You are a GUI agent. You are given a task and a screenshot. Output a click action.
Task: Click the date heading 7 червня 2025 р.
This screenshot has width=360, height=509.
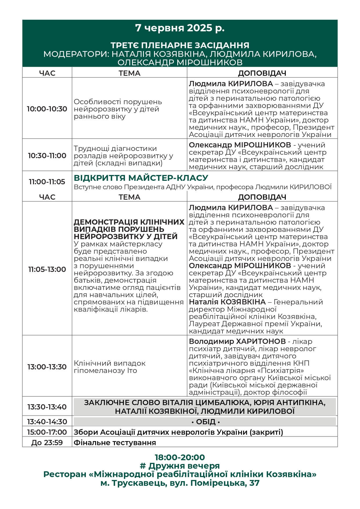[x=180, y=28]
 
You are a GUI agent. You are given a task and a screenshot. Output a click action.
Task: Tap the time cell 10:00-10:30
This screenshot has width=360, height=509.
[x=47, y=109]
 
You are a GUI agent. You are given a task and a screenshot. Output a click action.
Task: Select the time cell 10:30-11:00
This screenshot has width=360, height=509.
[x=47, y=156]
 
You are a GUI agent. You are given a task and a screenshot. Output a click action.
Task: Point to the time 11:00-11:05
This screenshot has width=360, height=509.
[x=47, y=182]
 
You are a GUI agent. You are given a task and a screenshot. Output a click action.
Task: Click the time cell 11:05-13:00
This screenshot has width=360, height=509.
[x=47, y=269]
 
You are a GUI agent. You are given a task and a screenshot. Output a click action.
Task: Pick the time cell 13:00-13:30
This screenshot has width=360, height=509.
[x=47, y=367]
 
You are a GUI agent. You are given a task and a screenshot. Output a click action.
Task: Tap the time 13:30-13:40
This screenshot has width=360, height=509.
[x=47, y=407]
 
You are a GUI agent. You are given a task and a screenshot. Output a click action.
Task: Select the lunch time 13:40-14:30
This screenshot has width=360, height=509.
[x=47, y=422]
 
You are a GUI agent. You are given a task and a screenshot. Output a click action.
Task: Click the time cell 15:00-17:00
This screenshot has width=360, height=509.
[x=47, y=432]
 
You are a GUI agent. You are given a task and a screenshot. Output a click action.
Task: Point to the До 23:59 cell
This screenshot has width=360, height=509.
[x=47, y=443]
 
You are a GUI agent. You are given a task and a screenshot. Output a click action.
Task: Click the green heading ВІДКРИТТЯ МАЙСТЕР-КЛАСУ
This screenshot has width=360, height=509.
[x=141, y=178]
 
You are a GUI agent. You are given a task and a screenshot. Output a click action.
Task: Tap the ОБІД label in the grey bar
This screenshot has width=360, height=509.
[x=206, y=422]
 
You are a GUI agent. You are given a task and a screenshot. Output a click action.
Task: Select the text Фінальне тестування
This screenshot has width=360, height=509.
[x=115, y=443]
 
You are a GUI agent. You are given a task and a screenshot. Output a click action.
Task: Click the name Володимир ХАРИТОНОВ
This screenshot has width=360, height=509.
[x=237, y=342]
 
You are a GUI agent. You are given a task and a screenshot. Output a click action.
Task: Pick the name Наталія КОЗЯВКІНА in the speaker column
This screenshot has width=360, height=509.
[x=227, y=302]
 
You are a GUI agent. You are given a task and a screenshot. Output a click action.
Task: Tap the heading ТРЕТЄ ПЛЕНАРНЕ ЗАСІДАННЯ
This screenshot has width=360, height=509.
[x=180, y=45]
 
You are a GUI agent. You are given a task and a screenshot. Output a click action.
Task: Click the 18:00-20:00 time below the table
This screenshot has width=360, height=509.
[x=180, y=457]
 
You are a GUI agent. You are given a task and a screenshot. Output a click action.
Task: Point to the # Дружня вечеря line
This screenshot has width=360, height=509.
[x=180, y=466]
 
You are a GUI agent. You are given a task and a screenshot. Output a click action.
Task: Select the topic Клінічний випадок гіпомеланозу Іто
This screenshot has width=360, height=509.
[x=110, y=367]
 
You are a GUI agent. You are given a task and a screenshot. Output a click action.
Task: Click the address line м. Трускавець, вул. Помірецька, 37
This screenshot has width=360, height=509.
[x=180, y=483]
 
